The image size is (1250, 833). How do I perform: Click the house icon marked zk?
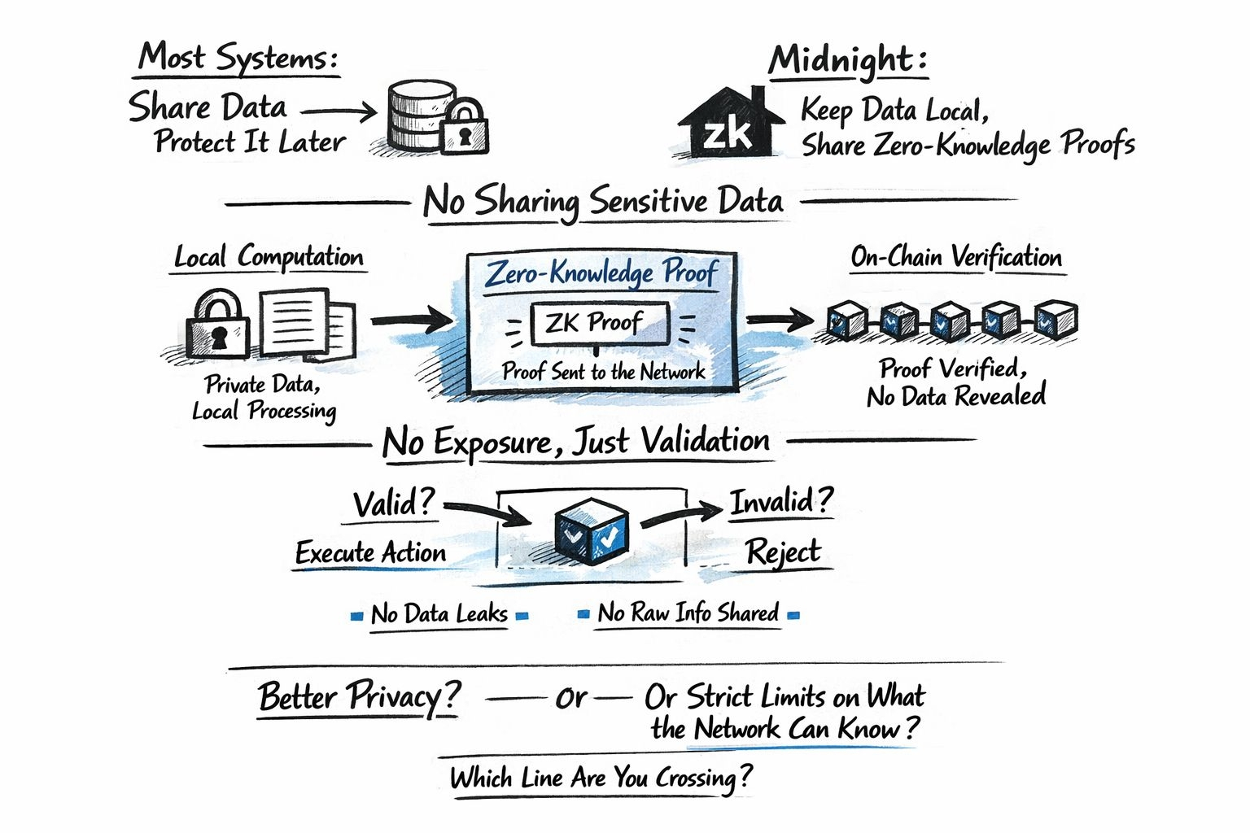coord(729,124)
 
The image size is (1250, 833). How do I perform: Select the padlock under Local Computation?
coord(217,325)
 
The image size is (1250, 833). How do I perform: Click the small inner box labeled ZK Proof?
coord(599,323)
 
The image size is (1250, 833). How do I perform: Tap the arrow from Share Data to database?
coord(339,111)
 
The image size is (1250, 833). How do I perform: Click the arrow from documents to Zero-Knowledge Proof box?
coord(412,320)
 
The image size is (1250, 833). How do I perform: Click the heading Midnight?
coord(847,60)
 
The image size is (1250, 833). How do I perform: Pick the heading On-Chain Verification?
coord(956,257)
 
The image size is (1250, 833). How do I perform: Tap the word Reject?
coord(783,552)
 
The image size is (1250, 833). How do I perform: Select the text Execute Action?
coord(371,553)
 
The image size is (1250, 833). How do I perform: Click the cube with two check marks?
coord(592,531)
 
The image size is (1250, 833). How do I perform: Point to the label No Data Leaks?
coord(439,613)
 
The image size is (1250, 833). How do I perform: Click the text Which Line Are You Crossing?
coord(601,778)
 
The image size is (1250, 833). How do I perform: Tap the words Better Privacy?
coord(359,697)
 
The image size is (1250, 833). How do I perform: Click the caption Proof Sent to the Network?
coord(603,372)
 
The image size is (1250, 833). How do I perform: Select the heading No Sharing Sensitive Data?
coord(603,201)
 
